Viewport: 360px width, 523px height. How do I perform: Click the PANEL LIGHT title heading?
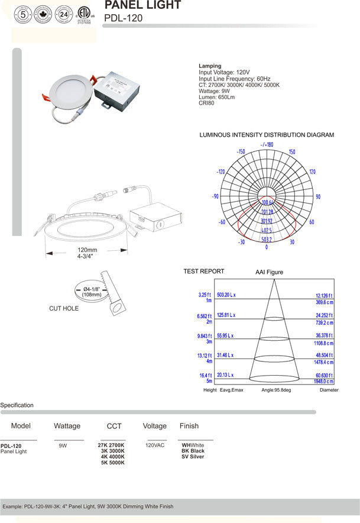pos(142,5)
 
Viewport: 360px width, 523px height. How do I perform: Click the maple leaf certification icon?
pos(43,13)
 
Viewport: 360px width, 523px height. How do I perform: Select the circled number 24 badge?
pos(63,13)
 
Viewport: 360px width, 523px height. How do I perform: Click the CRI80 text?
pos(207,104)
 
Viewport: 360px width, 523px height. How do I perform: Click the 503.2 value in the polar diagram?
pos(267,240)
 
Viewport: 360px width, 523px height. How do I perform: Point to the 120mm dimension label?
pos(87,250)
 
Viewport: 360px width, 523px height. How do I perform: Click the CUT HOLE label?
pos(64,308)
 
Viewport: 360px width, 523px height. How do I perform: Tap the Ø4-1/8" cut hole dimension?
pos(91,289)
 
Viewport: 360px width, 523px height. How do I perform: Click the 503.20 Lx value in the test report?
pos(226,294)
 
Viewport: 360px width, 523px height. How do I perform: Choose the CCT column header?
pos(114,426)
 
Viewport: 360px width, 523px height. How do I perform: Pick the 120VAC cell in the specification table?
pos(155,445)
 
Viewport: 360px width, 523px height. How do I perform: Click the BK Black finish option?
pos(193,451)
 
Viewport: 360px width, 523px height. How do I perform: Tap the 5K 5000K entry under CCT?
pos(113,463)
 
